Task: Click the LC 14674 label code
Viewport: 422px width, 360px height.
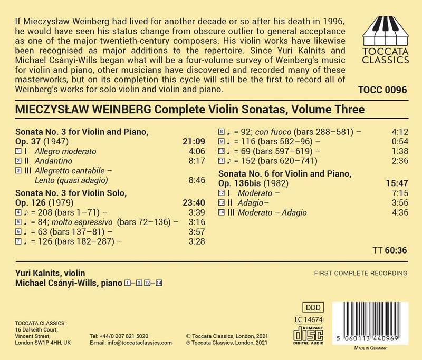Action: point(311,320)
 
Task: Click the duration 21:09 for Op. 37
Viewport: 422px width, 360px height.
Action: point(193,141)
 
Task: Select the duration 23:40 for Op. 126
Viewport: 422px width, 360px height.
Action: point(193,201)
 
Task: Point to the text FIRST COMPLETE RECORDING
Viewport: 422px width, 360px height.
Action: point(360,273)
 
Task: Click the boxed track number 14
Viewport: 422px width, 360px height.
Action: point(220,212)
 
